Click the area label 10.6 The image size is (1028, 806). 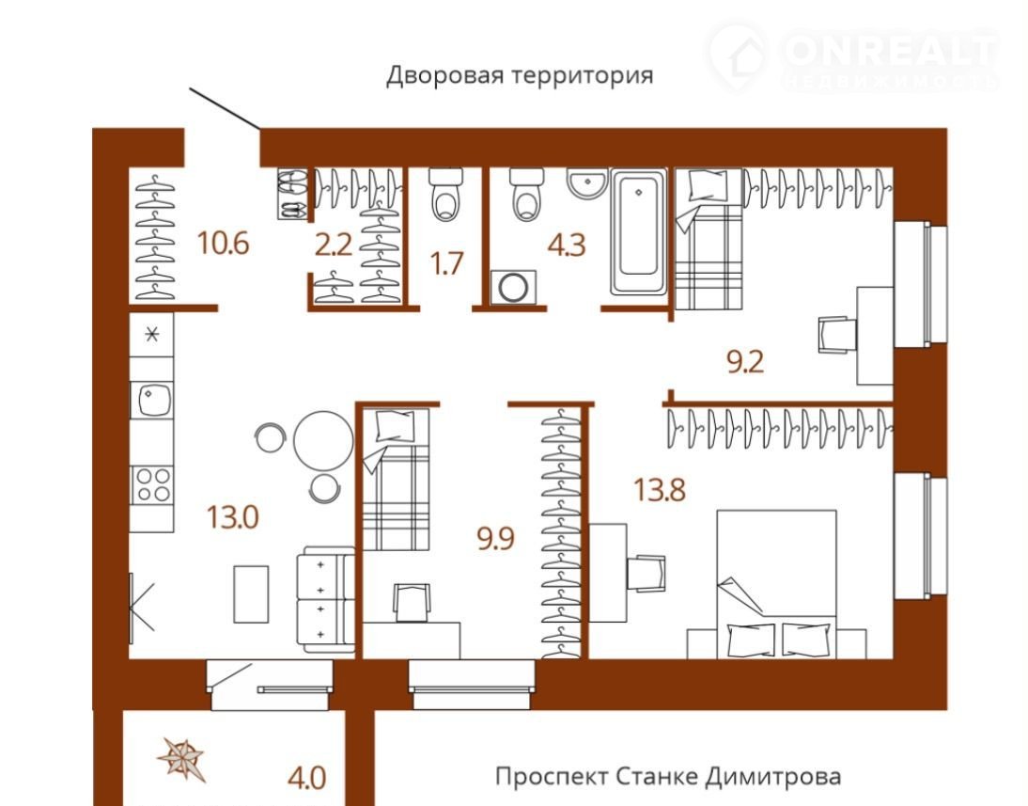224,244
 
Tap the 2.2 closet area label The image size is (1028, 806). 334,245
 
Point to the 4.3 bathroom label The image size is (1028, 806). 567,245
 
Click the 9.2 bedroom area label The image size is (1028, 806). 745,362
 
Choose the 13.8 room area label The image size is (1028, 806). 660,490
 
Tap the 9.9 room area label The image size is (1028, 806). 495,539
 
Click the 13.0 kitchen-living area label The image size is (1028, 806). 233,516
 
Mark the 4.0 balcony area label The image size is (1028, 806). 307,779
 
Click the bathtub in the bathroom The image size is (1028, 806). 639,231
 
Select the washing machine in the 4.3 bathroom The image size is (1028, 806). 513,288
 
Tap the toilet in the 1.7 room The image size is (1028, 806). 446,194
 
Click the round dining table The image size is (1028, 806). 323,440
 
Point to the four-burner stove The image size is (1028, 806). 152,484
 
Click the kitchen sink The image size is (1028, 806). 151,399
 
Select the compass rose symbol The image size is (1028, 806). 181,757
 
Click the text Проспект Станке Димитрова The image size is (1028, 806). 668,777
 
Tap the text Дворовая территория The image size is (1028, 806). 520,75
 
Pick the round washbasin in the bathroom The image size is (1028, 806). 588,183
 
